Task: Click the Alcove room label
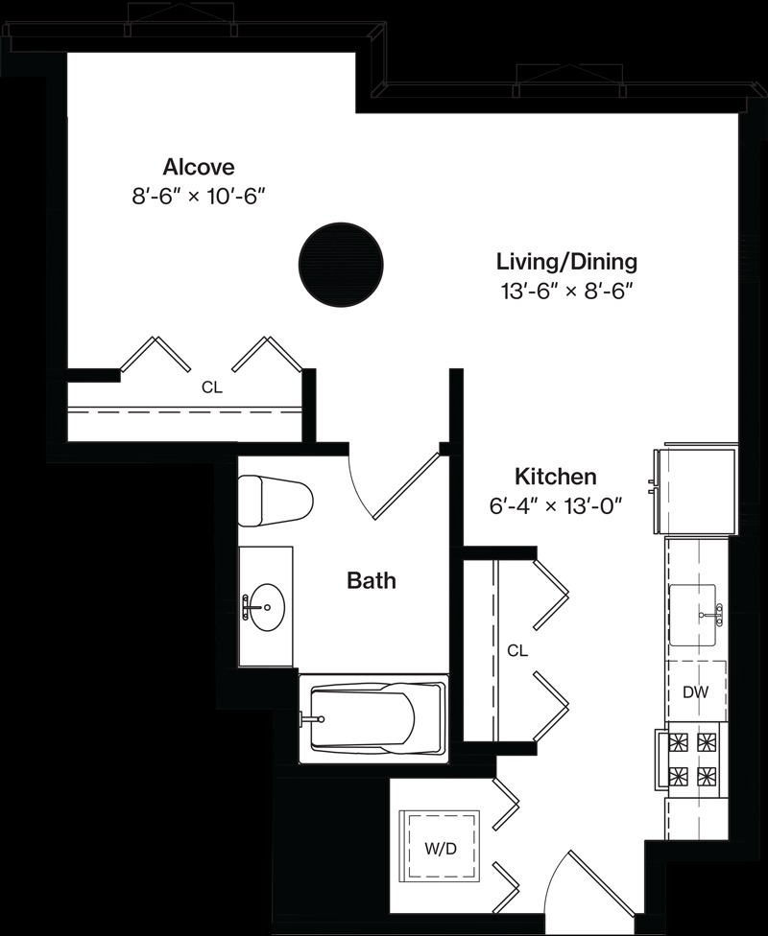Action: coord(199,167)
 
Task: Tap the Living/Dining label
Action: coord(567,262)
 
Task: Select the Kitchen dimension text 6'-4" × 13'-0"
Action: coord(556,506)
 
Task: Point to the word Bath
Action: coord(372,580)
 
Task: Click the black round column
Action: coord(340,265)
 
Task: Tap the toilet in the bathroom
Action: coord(276,501)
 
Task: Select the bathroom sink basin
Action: coord(267,606)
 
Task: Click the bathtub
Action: coord(373,718)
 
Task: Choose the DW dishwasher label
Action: coord(696,692)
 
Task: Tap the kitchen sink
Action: coord(693,615)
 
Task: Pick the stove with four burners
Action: coord(691,759)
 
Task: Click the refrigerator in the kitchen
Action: coord(694,491)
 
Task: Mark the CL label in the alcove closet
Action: coord(211,387)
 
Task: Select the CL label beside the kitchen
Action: coord(517,650)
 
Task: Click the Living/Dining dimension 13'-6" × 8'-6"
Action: coord(566,292)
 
